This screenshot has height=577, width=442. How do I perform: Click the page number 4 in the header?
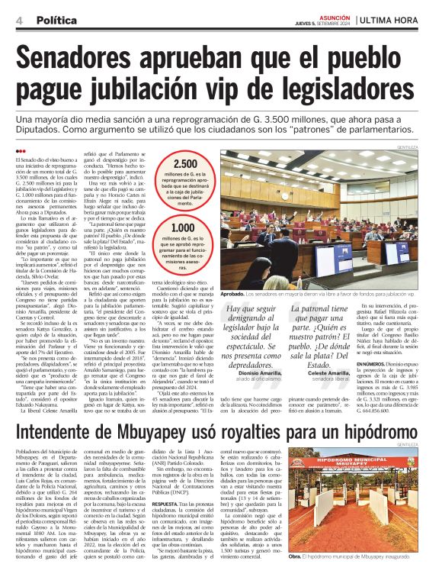click(18, 20)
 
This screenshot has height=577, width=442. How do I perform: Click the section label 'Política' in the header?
click(56, 20)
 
